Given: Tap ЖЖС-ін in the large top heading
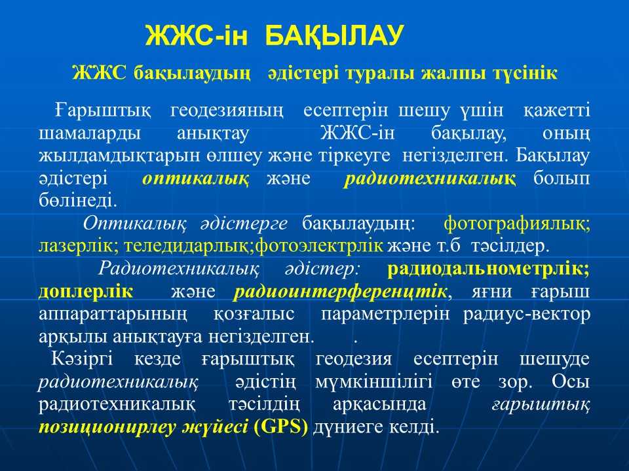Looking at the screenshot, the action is [197, 36].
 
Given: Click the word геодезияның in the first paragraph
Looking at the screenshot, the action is [227, 111].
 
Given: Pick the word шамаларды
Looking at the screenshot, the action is [90, 133].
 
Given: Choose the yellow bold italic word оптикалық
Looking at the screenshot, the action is [195, 179].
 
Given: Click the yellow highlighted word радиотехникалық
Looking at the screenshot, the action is [430, 179].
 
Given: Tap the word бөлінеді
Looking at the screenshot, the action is [78, 200].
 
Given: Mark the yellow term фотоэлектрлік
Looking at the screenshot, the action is [319, 246].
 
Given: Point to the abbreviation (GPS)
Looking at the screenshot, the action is [281, 427].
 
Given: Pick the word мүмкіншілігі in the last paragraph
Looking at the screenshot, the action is [374, 382].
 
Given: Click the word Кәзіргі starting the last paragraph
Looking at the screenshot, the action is [83, 359].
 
